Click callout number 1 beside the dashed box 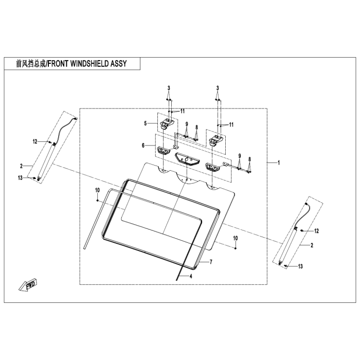[278, 163]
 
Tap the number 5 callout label [146, 123]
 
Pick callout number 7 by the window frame [210, 262]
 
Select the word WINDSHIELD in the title [84, 63]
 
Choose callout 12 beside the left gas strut [35, 141]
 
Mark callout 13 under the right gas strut [301, 266]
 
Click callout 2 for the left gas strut [22, 166]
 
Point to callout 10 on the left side [96, 190]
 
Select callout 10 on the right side [236, 238]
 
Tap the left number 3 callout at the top [168, 88]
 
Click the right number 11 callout [231, 124]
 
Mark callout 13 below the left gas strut [34, 177]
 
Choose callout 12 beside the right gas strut [317, 231]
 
